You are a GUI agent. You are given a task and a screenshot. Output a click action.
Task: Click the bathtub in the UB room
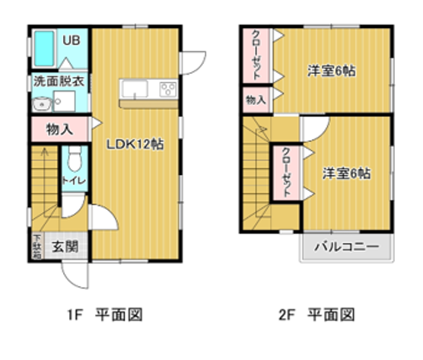(44, 49)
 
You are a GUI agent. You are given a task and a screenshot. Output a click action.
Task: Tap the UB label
(72, 40)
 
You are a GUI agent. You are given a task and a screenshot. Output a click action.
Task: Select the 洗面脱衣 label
(59, 81)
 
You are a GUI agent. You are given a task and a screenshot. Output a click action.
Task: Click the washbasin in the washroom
(42, 104)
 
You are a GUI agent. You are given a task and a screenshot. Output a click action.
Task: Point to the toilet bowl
(75, 159)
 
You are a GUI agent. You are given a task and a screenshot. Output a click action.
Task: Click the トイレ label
(74, 180)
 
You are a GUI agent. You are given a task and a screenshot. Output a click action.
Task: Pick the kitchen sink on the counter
(135, 89)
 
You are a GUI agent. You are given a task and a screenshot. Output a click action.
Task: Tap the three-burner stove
(168, 89)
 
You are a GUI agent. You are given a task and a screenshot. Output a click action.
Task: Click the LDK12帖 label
(135, 144)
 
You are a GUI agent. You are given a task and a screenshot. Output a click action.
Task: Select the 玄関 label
(65, 247)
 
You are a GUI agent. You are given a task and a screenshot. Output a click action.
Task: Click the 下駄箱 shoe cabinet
(37, 246)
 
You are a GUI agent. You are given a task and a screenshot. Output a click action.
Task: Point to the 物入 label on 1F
(59, 129)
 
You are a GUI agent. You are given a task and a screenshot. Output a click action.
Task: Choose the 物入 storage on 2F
(256, 100)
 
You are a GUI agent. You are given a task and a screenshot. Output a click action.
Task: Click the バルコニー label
(347, 247)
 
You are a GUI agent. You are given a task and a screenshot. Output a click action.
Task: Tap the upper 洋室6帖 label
(332, 71)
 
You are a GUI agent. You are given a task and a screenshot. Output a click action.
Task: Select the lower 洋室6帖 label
(347, 174)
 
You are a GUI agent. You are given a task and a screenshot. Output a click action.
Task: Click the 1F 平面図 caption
(105, 314)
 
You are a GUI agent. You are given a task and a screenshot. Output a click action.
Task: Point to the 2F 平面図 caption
(316, 314)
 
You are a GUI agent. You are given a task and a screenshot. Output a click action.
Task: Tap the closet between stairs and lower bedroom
(287, 173)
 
